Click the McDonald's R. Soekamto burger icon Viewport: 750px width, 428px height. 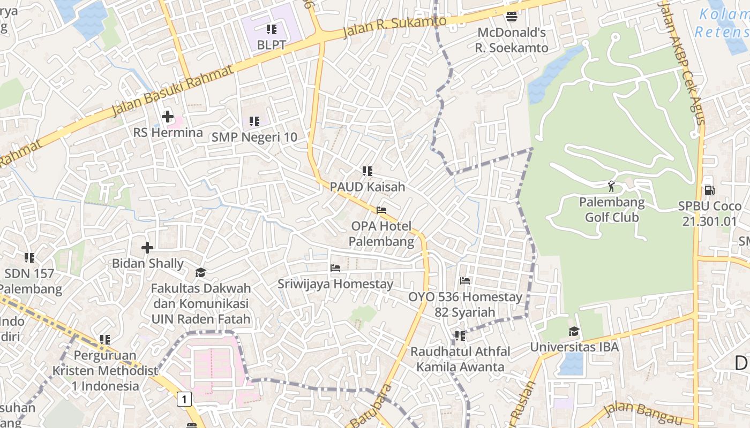512,17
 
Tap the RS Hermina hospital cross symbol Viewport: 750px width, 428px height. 168,116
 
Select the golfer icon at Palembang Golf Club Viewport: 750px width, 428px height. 611,186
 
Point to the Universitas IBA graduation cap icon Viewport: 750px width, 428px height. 574,331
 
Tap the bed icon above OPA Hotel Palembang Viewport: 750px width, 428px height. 381,210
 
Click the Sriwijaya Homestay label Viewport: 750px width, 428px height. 335,284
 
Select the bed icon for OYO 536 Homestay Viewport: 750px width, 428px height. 465,280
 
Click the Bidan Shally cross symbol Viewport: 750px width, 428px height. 147,247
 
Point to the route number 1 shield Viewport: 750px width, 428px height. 184,399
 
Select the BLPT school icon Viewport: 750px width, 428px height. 271,29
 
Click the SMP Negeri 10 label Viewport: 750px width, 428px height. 254,137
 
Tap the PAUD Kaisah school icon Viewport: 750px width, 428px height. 367,171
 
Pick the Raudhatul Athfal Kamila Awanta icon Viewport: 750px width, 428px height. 460,336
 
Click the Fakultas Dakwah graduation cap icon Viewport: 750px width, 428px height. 200,273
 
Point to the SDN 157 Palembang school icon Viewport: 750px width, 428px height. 29,258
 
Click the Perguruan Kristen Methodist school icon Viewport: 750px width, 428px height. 105,339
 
